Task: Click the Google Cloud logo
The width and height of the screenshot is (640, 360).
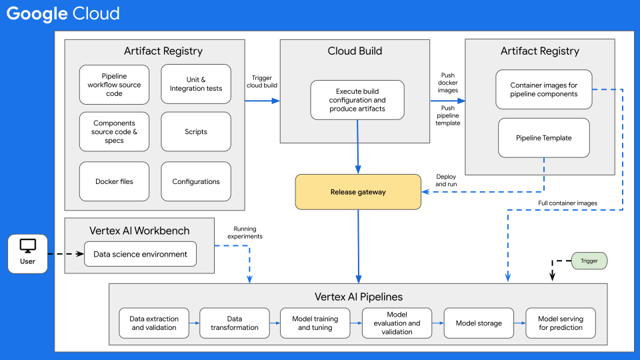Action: click(63, 13)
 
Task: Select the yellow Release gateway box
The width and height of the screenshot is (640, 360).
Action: click(358, 192)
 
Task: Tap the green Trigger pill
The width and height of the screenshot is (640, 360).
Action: click(589, 261)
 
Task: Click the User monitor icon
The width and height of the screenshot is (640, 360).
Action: click(27, 247)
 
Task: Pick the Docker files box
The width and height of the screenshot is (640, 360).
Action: click(114, 181)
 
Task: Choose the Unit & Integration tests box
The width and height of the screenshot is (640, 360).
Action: click(196, 84)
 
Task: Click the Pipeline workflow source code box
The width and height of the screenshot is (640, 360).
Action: click(114, 85)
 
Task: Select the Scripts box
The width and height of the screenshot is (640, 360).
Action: click(196, 132)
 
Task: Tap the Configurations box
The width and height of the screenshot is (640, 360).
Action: click(196, 181)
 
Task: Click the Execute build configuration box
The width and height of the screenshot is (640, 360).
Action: click(357, 100)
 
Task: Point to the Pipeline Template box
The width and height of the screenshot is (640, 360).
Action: click(543, 138)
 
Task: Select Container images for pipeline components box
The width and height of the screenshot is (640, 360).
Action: click(543, 89)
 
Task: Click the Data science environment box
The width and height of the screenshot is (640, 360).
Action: click(141, 254)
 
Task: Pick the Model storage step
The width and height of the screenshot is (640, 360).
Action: click(479, 323)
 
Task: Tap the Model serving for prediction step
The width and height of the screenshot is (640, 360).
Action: click(561, 323)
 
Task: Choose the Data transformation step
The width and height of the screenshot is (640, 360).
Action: click(235, 323)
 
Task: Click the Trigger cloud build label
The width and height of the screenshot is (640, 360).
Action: click(261, 81)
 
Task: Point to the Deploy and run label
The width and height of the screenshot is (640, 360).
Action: click(446, 180)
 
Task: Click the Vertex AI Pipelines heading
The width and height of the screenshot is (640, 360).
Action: click(358, 296)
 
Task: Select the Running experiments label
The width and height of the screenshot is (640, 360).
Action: click(245, 232)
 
